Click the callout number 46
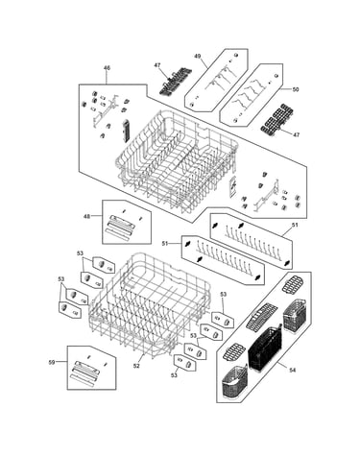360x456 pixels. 107,68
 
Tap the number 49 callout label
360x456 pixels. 198,56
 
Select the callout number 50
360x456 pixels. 296,89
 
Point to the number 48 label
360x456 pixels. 86,216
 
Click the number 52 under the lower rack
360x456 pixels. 136,366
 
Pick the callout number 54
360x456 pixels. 292,370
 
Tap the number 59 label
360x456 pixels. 52,362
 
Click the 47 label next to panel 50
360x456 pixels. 297,134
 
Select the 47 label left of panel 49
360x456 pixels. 157,65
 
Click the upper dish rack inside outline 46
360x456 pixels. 177,160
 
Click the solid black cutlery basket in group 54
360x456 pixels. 265,348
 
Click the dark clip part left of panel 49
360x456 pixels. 175,81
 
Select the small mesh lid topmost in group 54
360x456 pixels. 292,284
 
